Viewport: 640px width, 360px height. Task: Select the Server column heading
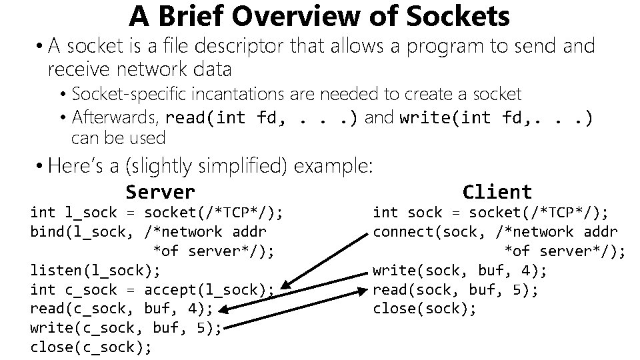[x=160, y=192]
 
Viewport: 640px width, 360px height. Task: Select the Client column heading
[x=497, y=192]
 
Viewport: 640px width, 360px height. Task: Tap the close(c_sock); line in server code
[x=91, y=347]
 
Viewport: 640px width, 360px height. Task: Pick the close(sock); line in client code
[x=425, y=309]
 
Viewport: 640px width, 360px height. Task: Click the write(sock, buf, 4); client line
[x=460, y=271]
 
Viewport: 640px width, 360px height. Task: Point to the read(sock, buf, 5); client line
[x=455, y=290]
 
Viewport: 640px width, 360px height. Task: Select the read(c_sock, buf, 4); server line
[x=121, y=309]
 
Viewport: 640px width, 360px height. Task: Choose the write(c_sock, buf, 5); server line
[x=125, y=328]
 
